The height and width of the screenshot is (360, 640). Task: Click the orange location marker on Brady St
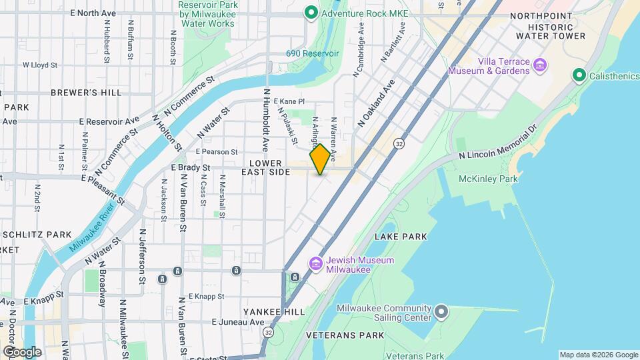320,159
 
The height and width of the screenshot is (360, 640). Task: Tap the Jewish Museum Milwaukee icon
316,265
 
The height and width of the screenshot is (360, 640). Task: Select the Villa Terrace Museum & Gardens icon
541,65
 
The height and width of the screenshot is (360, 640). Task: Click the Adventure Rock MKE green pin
310,13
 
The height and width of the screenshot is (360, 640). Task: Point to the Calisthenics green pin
579,76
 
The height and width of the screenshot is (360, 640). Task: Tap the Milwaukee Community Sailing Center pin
441,312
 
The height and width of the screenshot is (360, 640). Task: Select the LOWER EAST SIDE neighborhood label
270,167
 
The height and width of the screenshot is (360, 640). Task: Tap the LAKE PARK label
401,237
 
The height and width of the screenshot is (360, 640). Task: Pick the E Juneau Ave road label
238,321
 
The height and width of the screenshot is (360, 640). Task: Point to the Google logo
22,351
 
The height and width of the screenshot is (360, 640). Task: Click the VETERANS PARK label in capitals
345,335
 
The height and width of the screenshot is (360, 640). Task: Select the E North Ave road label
93,13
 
